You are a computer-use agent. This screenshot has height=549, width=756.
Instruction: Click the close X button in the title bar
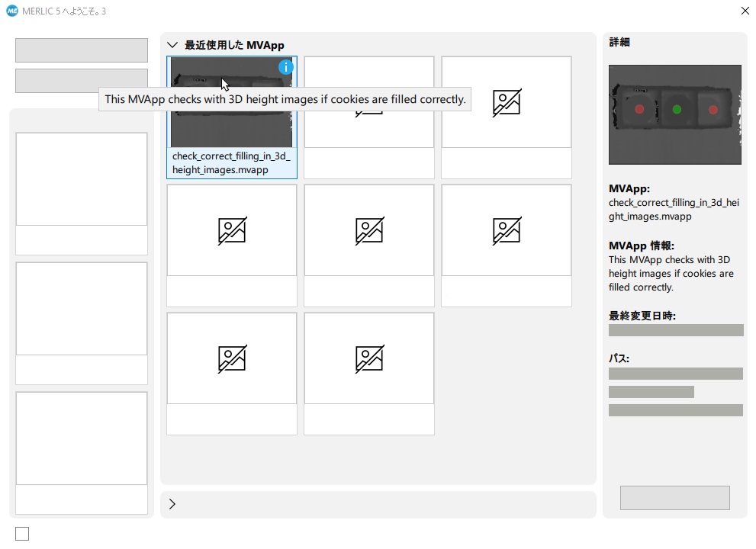click(x=745, y=11)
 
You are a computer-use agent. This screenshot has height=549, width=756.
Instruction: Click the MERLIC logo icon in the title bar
click(x=12, y=11)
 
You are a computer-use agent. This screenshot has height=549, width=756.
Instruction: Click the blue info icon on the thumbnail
click(x=286, y=67)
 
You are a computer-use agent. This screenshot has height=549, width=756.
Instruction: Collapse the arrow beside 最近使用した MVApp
click(x=172, y=45)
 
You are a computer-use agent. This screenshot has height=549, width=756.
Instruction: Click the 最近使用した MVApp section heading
click(x=234, y=45)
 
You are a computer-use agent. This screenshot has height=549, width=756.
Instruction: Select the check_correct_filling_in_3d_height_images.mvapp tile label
click(x=231, y=163)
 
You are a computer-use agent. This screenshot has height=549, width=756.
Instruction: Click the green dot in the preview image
click(x=677, y=109)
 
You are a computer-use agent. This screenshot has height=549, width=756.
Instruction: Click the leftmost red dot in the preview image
click(x=639, y=109)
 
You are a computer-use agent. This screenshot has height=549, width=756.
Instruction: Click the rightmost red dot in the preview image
click(x=713, y=110)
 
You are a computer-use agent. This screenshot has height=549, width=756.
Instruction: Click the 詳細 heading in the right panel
click(x=619, y=43)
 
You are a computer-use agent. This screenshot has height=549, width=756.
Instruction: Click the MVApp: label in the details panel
click(x=629, y=189)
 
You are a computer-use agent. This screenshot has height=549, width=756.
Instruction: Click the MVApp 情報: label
click(x=642, y=246)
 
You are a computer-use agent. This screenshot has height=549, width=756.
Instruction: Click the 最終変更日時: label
click(x=642, y=316)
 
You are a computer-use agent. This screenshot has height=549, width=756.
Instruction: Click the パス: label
click(x=619, y=358)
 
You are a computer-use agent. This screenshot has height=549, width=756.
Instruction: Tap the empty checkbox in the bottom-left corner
click(x=22, y=534)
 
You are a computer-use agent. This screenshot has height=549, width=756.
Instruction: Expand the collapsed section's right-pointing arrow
click(x=172, y=504)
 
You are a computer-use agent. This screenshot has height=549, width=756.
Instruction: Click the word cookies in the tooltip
click(x=351, y=99)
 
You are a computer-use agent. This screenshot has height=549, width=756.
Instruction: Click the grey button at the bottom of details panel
click(x=675, y=498)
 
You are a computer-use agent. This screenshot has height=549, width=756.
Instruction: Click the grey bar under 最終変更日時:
click(x=676, y=330)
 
